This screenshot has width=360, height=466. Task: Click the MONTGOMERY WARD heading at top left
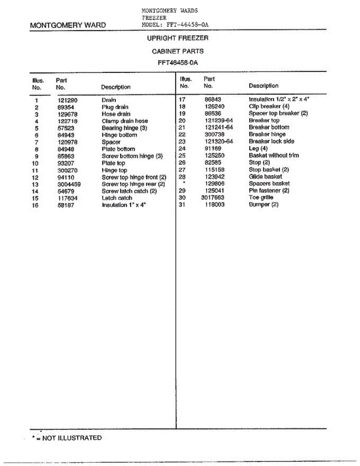tap(68, 26)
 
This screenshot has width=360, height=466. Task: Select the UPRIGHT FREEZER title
tap(177, 38)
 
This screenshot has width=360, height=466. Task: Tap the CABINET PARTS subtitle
tap(177, 51)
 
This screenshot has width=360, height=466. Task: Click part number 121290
tap(68, 100)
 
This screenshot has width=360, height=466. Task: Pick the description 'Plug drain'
tap(115, 107)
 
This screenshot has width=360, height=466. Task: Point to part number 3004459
tap(69, 184)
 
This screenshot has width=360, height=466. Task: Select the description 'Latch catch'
tap(117, 198)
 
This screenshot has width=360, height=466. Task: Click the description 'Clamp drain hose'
tap(125, 121)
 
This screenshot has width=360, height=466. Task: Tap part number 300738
tap(215, 134)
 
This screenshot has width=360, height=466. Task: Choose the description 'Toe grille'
tap(261, 198)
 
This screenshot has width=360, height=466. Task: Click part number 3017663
tap(213, 198)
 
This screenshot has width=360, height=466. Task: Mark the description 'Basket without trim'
tap(274, 155)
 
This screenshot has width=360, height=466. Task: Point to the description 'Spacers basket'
tap(269, 183)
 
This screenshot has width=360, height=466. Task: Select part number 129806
tap(215, 183)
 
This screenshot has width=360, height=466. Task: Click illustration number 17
tap(182, 99)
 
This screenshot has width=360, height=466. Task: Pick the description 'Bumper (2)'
tap(264, 205)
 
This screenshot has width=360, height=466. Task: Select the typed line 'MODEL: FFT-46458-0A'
tap(176, 24)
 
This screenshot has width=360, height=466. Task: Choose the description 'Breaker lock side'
tap(271, 141)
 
